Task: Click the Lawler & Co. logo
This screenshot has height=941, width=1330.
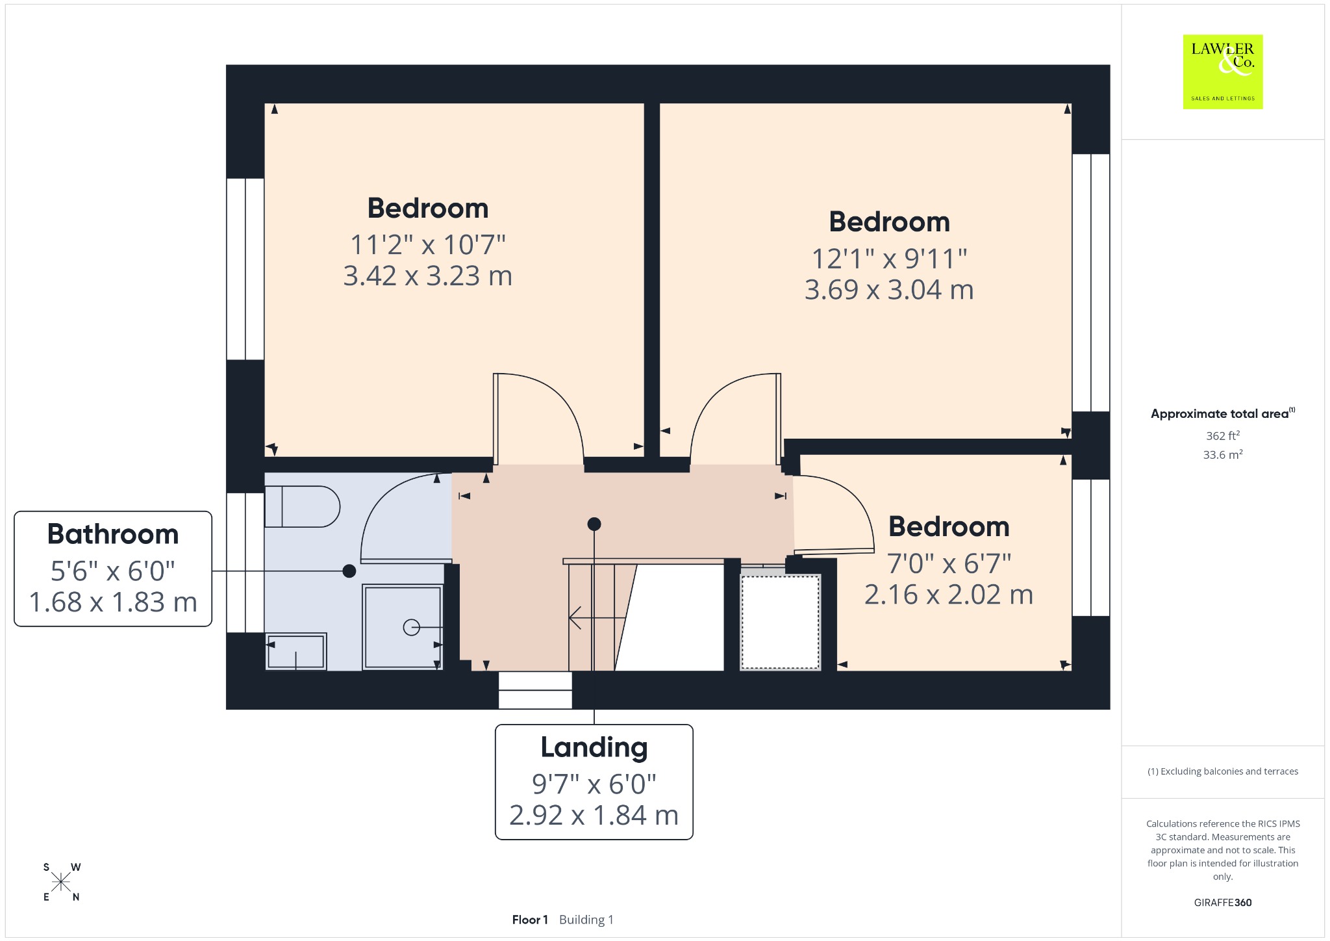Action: click(x=1222, y=71)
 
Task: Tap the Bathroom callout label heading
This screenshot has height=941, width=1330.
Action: click(x=113, y=534)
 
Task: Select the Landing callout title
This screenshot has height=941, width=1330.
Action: click(x=594, y=748)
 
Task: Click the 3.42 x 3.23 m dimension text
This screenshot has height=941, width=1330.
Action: click(x=428, y=276)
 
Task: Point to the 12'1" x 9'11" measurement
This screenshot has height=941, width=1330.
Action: click(x=889, y=259)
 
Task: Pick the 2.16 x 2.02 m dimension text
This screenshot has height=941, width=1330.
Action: click(x=948, y=595)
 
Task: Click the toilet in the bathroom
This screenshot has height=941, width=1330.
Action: click(x=302, y=506)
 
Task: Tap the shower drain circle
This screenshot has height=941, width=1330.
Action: click(x=411, y=627)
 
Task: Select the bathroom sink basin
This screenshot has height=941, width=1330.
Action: click(x=296, y=652)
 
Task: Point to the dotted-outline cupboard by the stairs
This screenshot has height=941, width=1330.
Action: click(x=781, y=622)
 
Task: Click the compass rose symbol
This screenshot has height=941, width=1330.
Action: click(x=62, y=882)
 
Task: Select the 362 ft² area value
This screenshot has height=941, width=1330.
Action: click(x=1223, y=435)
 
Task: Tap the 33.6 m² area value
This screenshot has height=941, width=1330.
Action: click(x=1223, y=454)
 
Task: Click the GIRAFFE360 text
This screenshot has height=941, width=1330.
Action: click(x=1223, y=902)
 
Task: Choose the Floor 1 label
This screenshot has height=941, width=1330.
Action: click(x=530, y=920)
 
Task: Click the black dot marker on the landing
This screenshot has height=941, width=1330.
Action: click(x=594, y=524)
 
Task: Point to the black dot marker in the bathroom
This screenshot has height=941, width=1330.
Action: click(x=349, y=571)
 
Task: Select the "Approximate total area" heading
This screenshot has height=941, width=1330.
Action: click(x=1220, y=414)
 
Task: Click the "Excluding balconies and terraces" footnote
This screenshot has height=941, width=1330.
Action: click(x=1223, y=771)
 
